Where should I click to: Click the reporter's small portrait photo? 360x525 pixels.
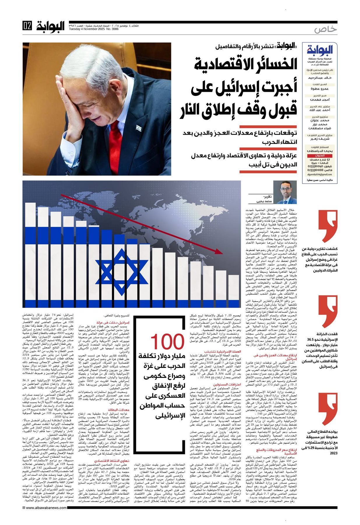pyautogui.click(x=285, y=193)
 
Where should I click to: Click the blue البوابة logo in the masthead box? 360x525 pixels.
pyautogui.click(x=320, y=51)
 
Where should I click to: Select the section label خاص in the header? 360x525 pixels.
pyautogui.click(x=326, y=29)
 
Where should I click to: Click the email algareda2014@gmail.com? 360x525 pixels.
pyautogui.click(x=320, y=174)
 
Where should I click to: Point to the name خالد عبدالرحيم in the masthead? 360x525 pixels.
pyautogui.click(x=320, y=78)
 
